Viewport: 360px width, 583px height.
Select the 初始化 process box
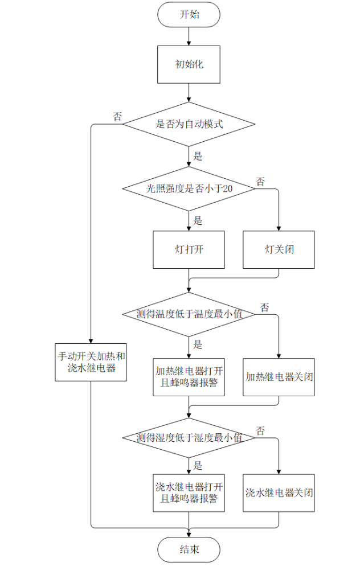coord(189,64)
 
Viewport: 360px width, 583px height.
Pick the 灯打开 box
coord(189,249)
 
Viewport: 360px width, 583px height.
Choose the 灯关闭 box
coord(279,249)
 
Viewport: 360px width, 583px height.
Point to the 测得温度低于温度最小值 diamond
coord(189,314)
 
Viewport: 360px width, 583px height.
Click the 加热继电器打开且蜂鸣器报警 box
coord(189,377)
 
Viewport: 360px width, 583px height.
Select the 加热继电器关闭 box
coord(279,377)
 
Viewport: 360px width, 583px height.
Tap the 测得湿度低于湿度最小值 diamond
coord(189,438)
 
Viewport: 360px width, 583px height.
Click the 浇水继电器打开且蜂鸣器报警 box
coord(189,493)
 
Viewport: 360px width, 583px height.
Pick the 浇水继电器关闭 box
coord(279,493)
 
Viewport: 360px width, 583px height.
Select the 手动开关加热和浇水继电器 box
coord(91,362)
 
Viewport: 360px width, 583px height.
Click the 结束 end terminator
coord(189,550)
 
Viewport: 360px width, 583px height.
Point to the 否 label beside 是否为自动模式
coord(117,117)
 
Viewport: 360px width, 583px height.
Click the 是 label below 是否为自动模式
coord(198,156)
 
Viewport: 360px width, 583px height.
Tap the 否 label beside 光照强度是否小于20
coord(260,182)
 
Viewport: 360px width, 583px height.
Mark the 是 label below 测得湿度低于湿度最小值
coord(198,466)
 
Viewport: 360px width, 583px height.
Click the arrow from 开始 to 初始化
coord(189,36)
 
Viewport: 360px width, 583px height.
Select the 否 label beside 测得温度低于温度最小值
coord(265,307)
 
